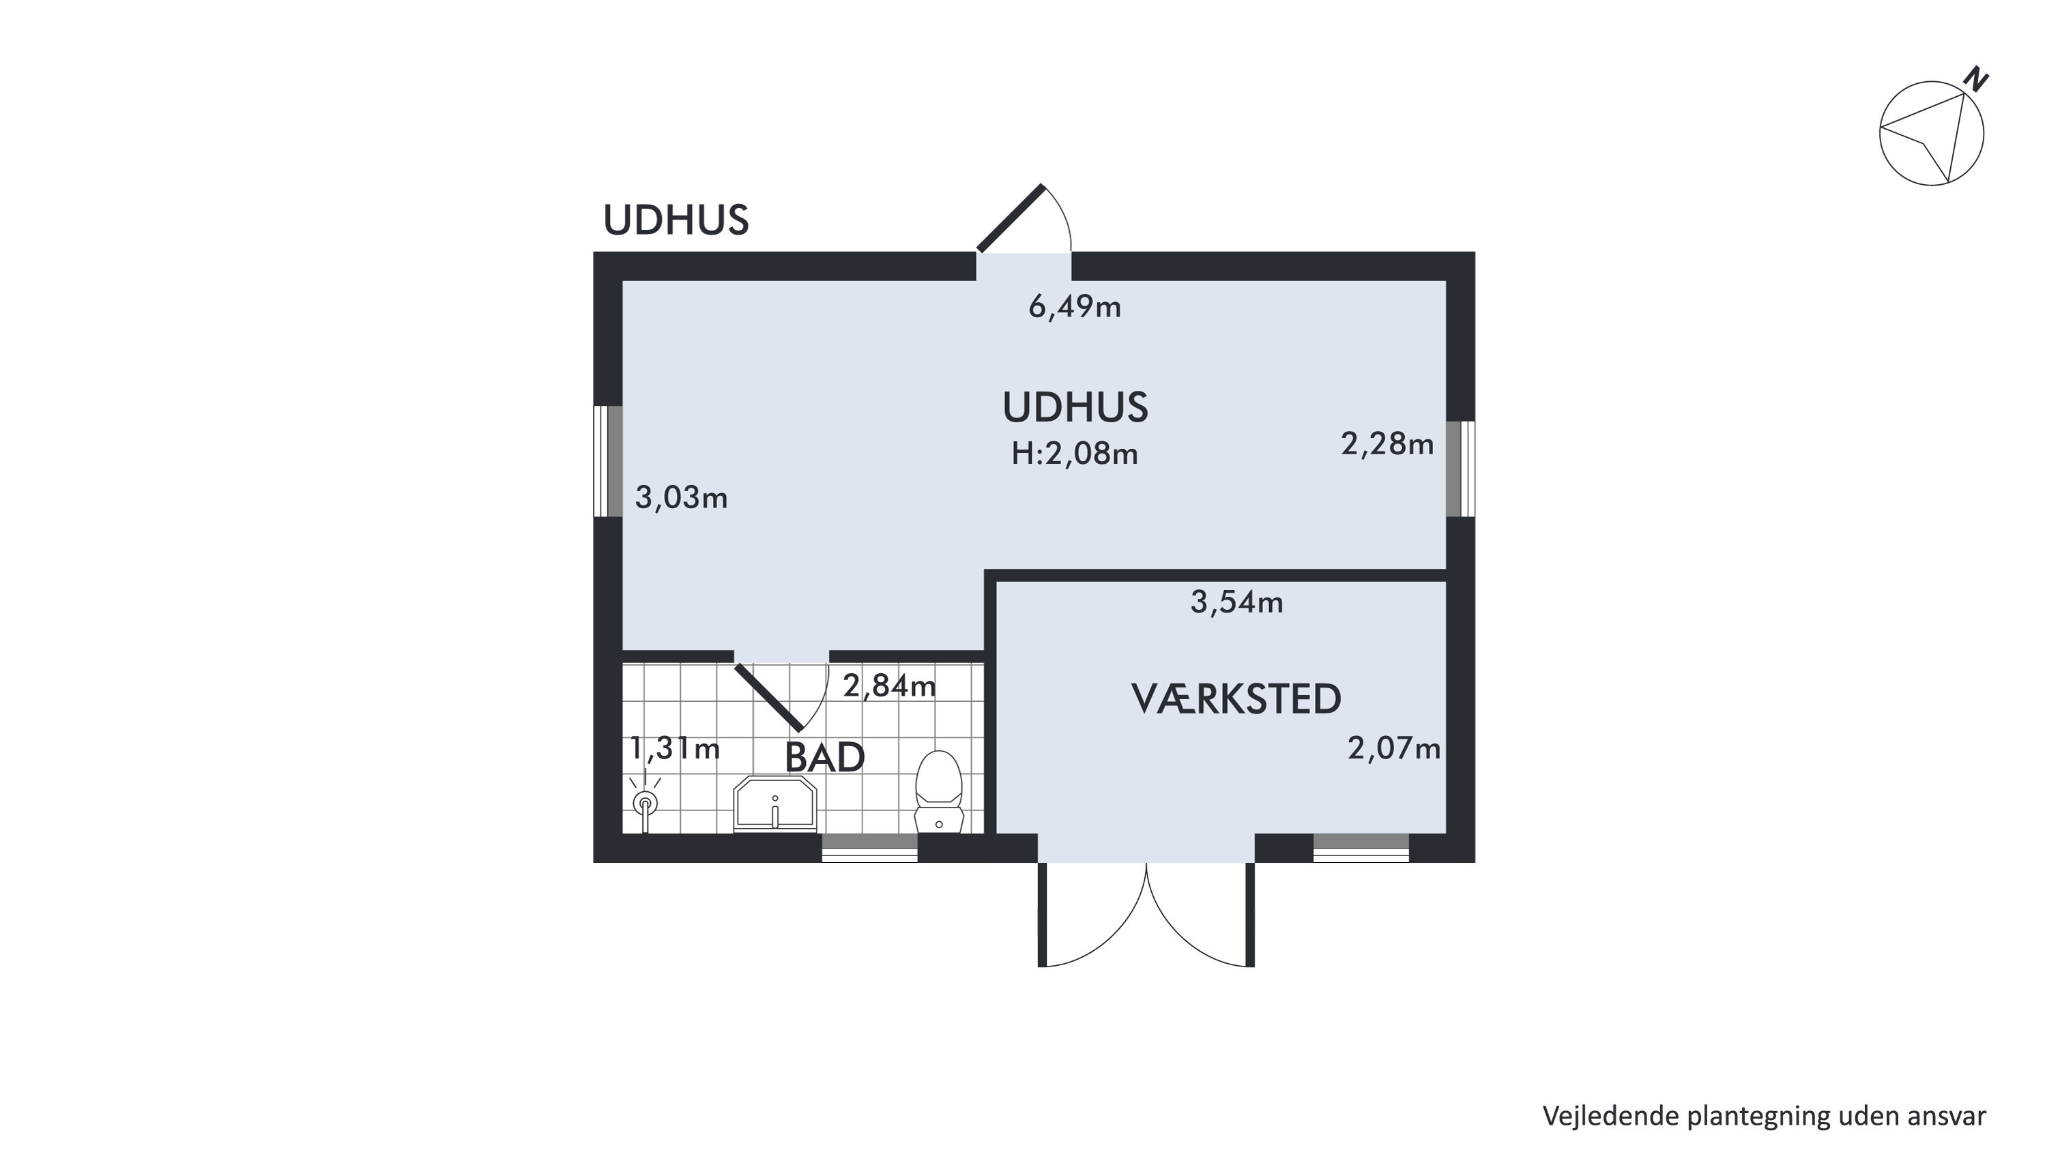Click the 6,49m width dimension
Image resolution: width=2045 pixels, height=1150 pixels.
coord(1074,306)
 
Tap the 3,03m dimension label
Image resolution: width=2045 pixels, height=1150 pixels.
coord(681,498)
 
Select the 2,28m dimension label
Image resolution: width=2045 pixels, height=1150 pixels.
coord(1387,443)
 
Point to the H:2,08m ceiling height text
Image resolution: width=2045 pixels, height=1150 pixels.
coord(1074,454)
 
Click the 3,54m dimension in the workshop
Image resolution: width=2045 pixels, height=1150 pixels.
coord(1236,602)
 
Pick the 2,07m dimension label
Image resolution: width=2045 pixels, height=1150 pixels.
coord(1393,748)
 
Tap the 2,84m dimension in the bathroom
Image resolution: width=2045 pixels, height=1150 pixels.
coord(889,685)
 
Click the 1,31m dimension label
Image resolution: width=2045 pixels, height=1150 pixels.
coord(675,748)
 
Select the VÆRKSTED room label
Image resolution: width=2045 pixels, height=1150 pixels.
coord(1236,699)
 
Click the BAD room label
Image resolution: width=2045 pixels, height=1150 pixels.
coord(825,758)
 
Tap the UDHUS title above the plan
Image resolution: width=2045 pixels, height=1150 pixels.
coord(676,220)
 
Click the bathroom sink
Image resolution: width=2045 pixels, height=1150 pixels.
coord(775,804)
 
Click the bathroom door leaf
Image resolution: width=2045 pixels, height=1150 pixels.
coord(768,697)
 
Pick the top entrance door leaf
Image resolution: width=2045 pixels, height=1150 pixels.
coord(1011,218)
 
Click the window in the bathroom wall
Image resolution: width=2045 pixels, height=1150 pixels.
coord(869,847)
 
